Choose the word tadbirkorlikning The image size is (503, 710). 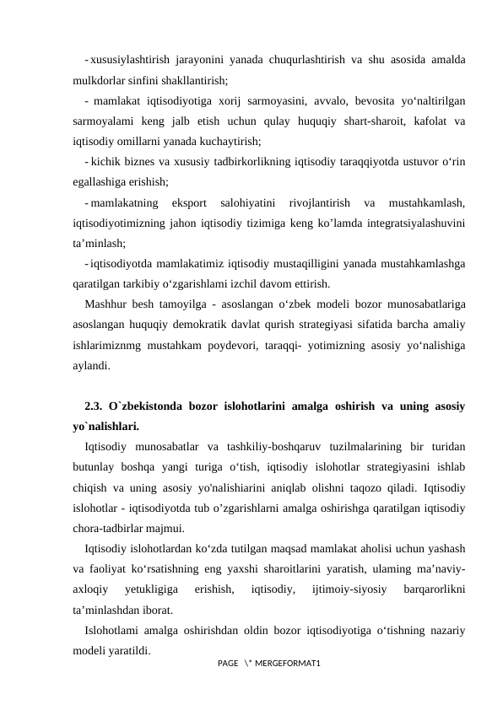[274, 162]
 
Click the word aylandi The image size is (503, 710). [90, 365]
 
